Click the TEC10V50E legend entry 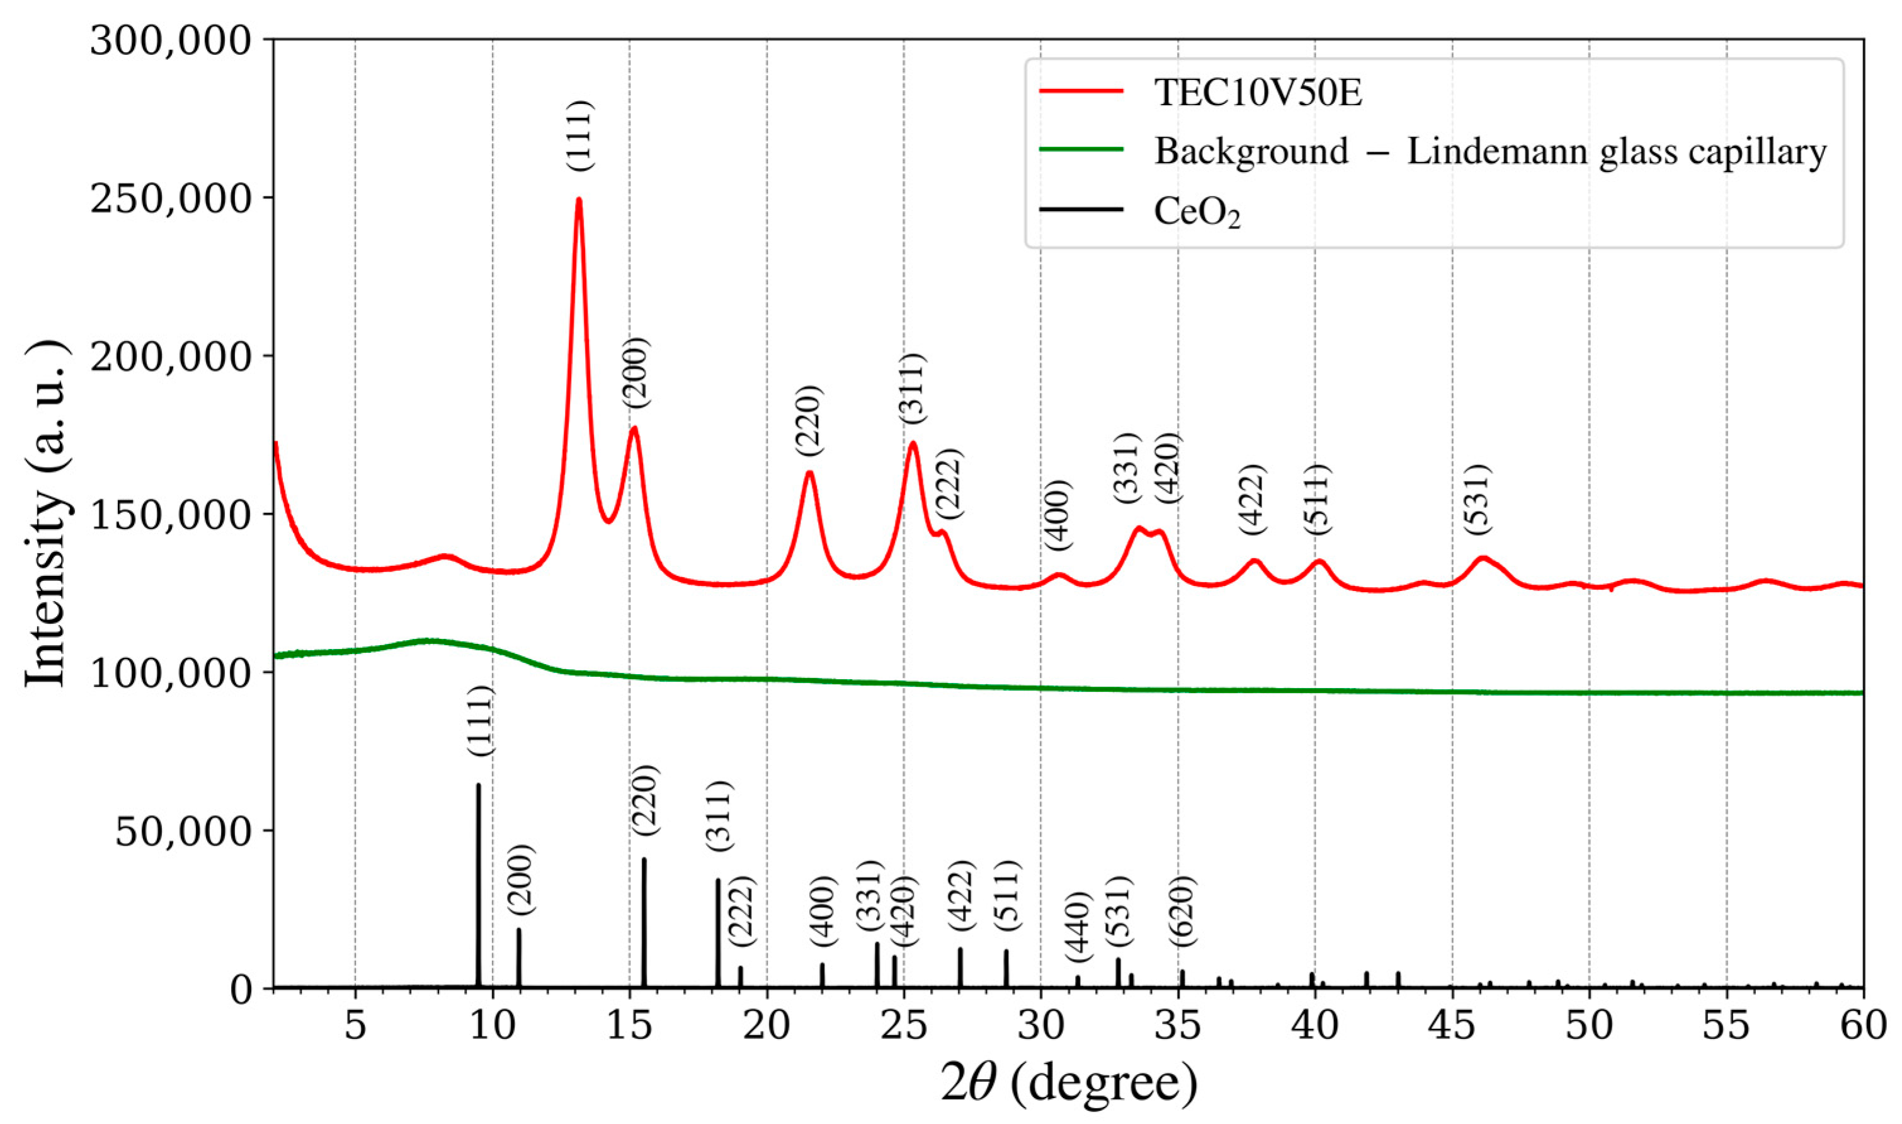1258,95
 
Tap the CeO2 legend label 1197,214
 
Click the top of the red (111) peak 579,199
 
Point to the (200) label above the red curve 635,372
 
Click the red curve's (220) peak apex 809,473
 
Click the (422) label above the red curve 1252,499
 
